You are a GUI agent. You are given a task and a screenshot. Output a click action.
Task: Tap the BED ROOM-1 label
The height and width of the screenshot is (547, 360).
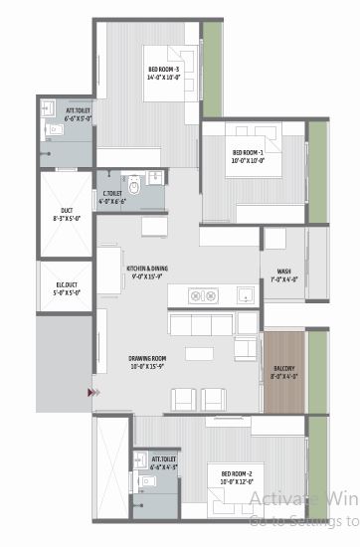(237, 154)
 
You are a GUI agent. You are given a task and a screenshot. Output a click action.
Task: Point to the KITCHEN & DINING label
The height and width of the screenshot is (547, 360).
(147, 271)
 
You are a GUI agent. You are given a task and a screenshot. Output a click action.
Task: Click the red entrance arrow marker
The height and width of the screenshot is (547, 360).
(92, 393)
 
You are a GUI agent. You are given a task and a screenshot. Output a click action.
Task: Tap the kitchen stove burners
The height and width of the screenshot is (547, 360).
(204, 295)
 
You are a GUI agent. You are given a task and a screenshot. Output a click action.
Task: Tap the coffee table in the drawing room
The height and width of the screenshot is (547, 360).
(200, 354)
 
